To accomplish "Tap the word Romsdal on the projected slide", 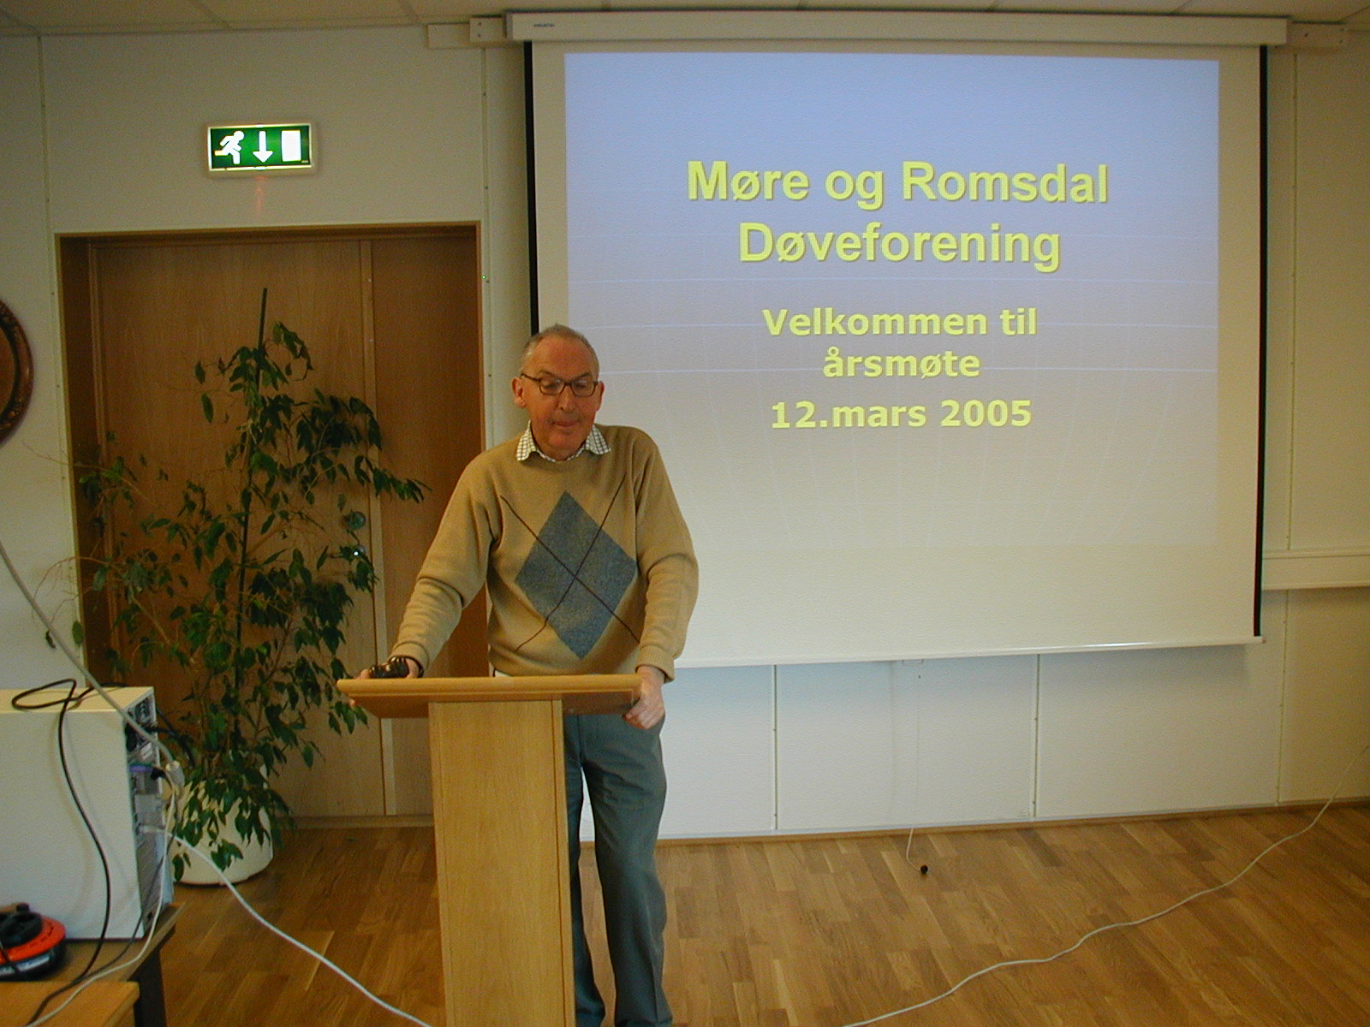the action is click(1004, 182).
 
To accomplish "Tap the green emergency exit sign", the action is click(259, 147).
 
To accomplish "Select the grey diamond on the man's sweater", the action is click(575, 575).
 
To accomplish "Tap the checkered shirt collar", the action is click(562, 444).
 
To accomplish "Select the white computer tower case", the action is click(78, 810).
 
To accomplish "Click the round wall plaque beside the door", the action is click(14, 371).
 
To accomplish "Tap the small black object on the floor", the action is click(923, 867).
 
